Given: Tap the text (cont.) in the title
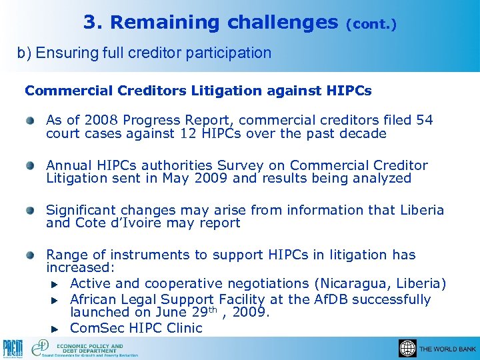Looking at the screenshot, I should (371, 25).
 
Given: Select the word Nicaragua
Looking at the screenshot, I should (357, 283).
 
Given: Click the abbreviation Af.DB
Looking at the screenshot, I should (323, 299).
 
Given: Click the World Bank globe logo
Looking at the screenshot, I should (407, 348).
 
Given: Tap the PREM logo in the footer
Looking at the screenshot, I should (13, 349).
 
